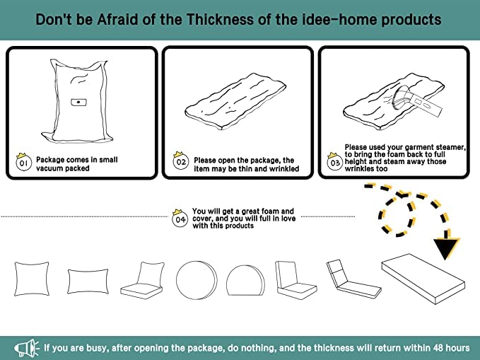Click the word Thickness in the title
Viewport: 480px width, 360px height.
220,19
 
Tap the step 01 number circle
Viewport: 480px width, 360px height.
23,163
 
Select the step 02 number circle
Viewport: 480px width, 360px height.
180,162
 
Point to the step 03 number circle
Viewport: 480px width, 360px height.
335,163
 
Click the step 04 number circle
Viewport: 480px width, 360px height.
180,220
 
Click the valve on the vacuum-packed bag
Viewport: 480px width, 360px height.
78,102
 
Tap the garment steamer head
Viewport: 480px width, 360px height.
402,98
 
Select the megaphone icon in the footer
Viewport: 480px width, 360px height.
27,348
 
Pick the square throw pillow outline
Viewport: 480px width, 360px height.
32,279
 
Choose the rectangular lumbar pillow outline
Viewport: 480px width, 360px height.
88,281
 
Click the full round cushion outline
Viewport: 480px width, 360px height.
197,280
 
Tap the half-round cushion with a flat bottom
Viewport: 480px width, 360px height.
246,281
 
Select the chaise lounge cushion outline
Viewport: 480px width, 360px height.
354,279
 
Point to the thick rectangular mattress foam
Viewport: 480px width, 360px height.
423,279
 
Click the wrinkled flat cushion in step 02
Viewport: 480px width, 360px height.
235,101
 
